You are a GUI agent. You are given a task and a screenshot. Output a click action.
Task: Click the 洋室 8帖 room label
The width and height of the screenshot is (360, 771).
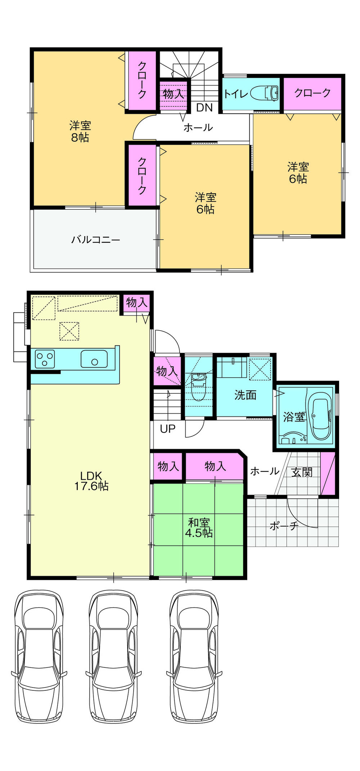(80, 132)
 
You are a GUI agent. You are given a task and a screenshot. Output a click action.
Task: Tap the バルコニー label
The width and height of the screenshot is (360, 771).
(95, 240)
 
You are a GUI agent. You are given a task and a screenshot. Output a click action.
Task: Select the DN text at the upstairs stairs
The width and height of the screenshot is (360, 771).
(204, 107)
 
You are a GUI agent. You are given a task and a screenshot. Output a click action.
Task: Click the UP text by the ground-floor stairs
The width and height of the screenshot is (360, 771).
(167, 429)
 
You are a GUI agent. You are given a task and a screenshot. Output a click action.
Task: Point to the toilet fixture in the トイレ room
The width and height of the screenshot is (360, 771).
(265, 93)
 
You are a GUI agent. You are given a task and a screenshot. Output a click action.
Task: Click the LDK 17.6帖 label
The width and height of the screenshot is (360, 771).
(91, 481)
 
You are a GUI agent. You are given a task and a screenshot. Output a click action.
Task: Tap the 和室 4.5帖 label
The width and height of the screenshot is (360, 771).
(199, 527)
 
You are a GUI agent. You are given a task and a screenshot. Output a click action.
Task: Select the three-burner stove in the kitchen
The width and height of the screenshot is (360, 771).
(45, 359)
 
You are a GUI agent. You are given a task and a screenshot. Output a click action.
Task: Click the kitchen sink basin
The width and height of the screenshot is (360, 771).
(94, 359)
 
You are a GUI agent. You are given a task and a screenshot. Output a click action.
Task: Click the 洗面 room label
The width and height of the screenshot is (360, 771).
(245, 395)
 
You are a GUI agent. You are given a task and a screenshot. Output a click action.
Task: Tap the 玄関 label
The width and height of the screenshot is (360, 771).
(302, 472)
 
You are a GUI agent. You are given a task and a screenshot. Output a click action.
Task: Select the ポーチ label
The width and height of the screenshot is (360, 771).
(284, 526)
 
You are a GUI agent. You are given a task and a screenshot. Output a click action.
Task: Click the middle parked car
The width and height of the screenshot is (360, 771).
(113, 656)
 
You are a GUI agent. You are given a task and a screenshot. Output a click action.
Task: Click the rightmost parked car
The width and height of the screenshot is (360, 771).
(194, 656)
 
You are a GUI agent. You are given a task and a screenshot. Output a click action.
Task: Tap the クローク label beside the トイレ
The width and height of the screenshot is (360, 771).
(312, 93)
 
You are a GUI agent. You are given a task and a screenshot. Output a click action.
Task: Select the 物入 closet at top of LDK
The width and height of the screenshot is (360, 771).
(137, 303)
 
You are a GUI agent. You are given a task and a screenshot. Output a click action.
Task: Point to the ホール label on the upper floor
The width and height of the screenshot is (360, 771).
(198, 127)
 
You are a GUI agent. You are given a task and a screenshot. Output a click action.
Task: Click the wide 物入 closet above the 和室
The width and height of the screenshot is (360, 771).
(215, 466)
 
